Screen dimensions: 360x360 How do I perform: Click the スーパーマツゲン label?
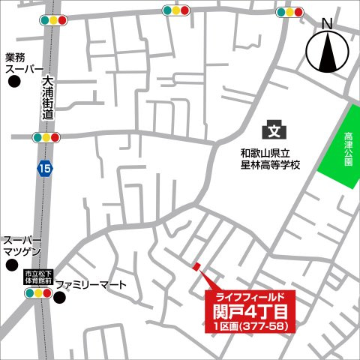pyautogui.click(x=24, y=246)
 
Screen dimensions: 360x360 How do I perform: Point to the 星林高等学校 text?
pyautogui.click(x=265, y=163)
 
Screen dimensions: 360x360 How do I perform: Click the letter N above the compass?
pyautogui.click(x=327, y=24)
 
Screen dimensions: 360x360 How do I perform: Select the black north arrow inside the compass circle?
pyautogui.click(x=328, y=53)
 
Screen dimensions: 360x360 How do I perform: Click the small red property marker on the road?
pyautogui.click(x=196, y=266)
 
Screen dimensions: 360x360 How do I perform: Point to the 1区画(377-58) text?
pyautogui.click(x=250, y=326)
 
